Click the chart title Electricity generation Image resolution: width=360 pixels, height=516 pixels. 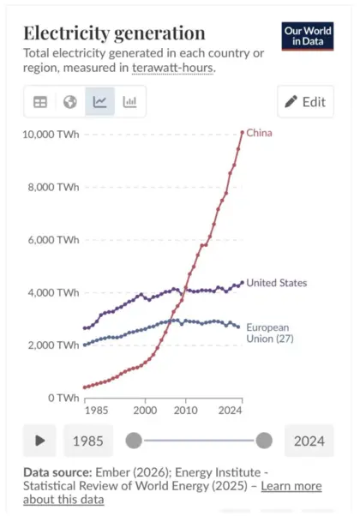tap(113, 33)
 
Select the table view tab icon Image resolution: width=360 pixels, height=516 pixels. tap(40, 102)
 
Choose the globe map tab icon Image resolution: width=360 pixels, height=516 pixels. tap(70, 102)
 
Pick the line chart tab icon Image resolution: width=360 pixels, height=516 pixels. tap(99, 102)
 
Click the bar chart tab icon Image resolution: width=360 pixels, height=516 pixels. tap(130, 102)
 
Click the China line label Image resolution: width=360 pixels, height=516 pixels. tap(261, 132)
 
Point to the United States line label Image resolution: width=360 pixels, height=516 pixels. tap(276, 283)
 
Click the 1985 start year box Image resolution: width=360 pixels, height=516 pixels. tap(88, 441)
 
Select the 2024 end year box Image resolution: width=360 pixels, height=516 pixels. tap(309, 441)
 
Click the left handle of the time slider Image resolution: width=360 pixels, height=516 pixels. tap(134, 441)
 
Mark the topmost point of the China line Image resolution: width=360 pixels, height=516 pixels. tap(242, 132)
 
